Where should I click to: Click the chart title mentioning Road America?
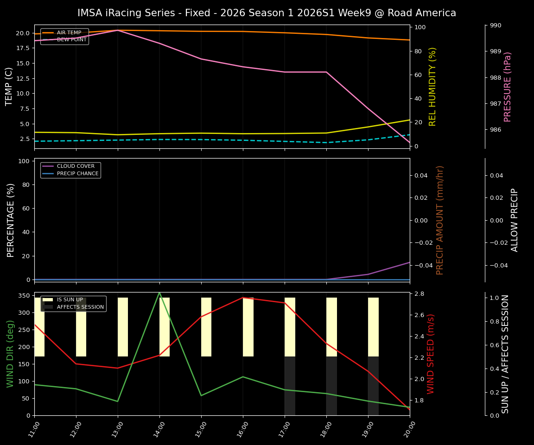point(267,13)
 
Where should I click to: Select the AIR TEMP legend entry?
point(69,32)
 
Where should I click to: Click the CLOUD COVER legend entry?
point(76,166)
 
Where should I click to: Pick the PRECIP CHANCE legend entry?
point(77,174)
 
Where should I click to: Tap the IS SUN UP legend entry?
point(70,300)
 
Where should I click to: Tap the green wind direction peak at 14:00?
point(159,292)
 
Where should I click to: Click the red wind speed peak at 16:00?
point(243,298)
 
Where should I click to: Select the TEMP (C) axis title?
point(9,86)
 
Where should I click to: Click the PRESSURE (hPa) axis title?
point(508,87)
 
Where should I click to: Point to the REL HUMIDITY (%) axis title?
point(432,86)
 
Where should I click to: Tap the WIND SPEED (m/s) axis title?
point(431,354)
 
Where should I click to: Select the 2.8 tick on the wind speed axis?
point(420,294)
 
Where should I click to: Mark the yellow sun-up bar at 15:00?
point(206,327)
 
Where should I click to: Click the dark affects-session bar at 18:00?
point(331,386)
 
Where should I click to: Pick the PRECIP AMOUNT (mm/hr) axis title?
point(440,220)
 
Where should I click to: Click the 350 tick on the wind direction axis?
point(25,296)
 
